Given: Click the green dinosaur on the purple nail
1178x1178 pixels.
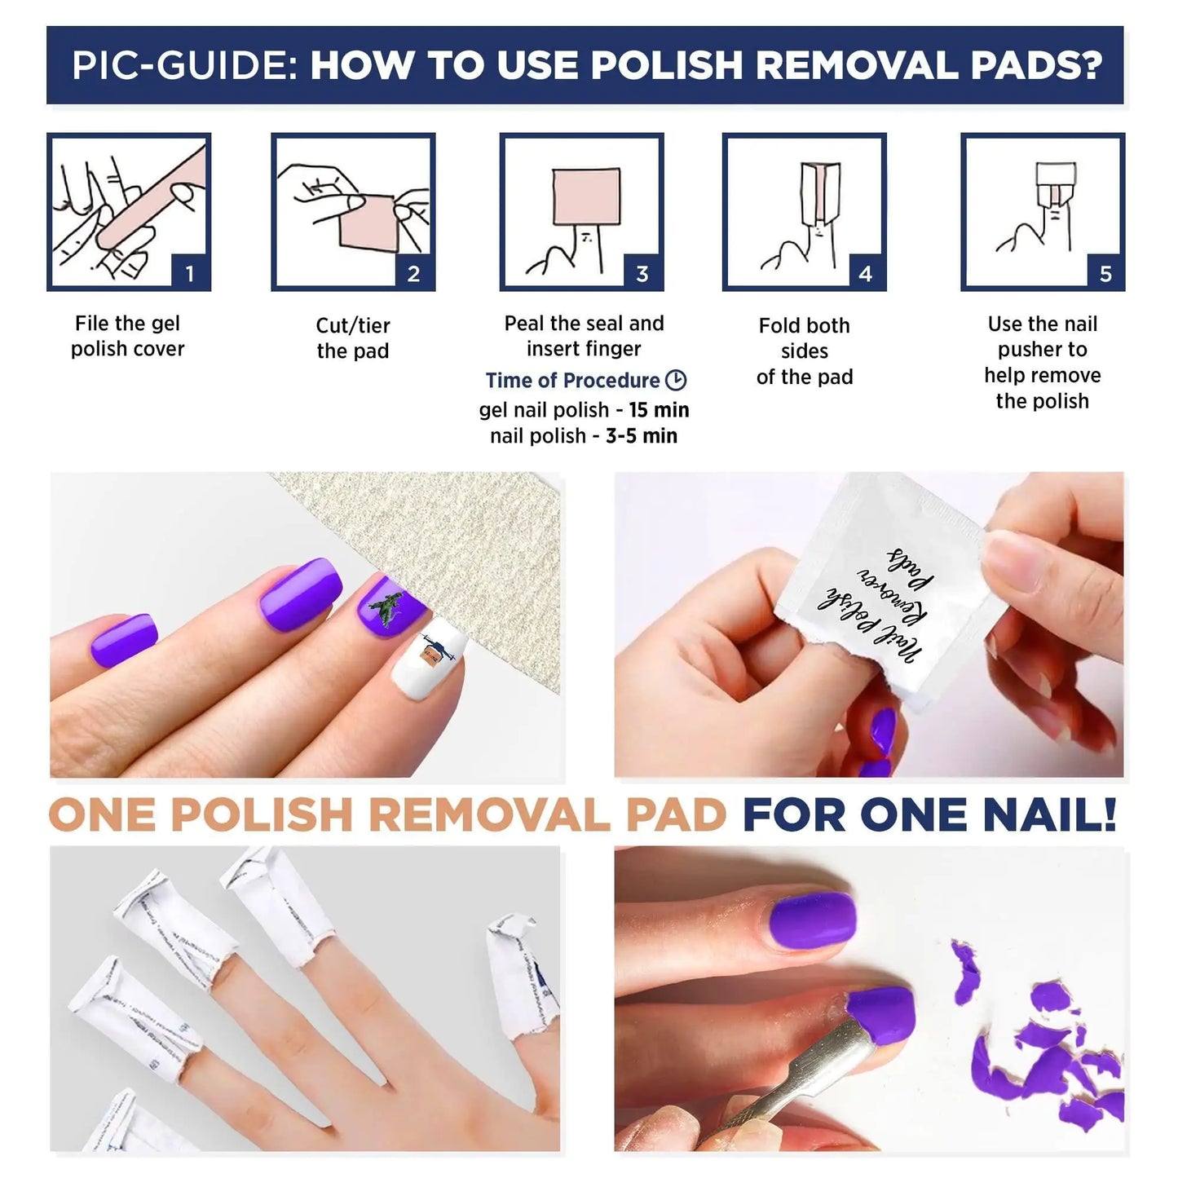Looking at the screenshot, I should pyautogui.click(x=387, y=608).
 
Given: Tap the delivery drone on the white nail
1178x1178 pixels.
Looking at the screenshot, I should pyautogui.click(x=432, y=650).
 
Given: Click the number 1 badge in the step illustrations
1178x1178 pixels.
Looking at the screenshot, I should pyautogui.click(x=190, y=273).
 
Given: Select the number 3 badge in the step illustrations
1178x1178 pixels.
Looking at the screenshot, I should pyautogui.click(x=642, y=273).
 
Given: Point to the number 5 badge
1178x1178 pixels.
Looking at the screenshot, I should pyautogui.click(x=1105, y=273).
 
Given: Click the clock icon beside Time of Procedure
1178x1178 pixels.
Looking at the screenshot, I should pyautogui.click(x=676, y=380).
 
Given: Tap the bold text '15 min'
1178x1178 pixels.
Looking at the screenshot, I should pyautogui.click(x=659, y=409).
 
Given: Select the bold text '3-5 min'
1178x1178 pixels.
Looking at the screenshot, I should pyautogui.click(x=641, y=435).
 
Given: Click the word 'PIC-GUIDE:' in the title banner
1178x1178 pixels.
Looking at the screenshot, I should pyautogui.click(x=184, y=66).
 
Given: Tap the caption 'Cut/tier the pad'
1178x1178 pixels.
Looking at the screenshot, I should pyautogui.click(x=353, y=338).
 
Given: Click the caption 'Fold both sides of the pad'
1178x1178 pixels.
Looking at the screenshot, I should pyautogui.click(x=805, y=351).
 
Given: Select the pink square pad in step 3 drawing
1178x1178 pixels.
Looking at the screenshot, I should pyautogui.click(x=585, y=196).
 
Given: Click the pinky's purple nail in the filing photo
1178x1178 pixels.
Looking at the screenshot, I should pyautogui.click(x=122, y=641).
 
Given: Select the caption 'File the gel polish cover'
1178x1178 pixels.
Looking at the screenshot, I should pyautogui.click(x=127, y=336).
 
